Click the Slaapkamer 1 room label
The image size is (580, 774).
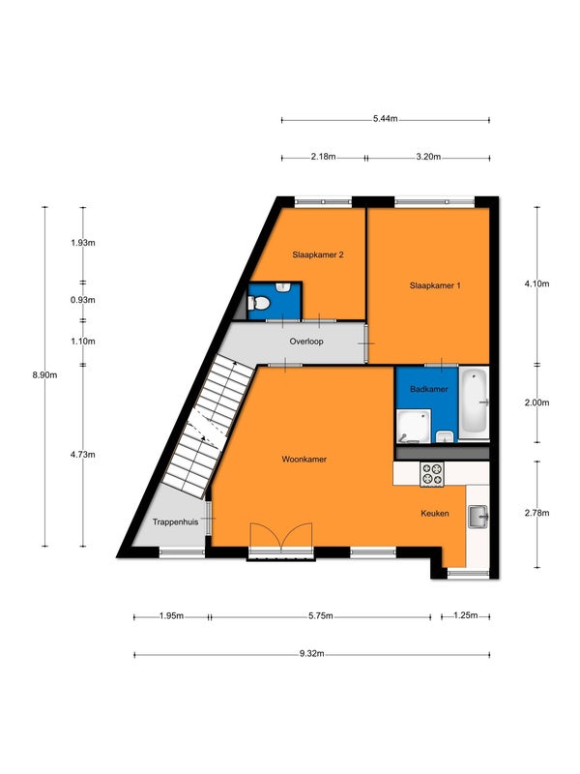(x=435, y=285)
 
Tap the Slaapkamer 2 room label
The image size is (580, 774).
(x=318, y=254)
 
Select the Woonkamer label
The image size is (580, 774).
(x=304, y=459)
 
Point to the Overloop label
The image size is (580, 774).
(x=306, y=342)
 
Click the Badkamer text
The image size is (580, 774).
(x=429, y=389)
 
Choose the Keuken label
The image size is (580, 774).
(x=434, y=514)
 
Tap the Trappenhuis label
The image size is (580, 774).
(x=175, y=521)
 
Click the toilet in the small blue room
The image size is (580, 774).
(x=259, y=302)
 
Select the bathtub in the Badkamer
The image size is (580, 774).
(x=474, y=402)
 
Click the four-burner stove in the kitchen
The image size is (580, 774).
(x=431, y=474)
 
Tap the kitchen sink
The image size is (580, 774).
(x=478, y=517)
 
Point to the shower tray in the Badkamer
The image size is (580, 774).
(x=414, y=426)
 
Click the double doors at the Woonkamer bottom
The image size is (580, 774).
(x=281, y=537)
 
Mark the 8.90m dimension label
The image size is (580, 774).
(x=44, y=375)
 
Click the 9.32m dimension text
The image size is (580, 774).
(x=311, y=654)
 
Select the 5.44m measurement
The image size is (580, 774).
(x=385, y=118)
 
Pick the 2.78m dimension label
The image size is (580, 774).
(x=536, y=513)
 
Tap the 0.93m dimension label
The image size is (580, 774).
(x=83, y=300)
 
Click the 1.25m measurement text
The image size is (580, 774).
(x=465, y=615)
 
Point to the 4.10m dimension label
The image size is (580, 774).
(x=536, y=283)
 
